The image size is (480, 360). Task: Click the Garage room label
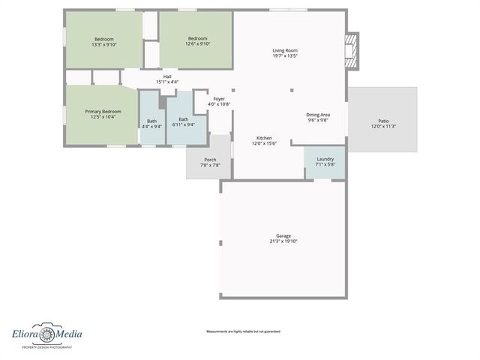click(283, 235)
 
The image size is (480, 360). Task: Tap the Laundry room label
click(325, 159)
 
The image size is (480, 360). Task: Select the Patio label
click(383, 121)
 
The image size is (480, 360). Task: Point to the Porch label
click(210, 160)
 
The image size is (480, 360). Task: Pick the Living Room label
click(284, 50)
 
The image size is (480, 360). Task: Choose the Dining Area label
click(318, 115)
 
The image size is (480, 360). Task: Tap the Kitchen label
click(263, 138)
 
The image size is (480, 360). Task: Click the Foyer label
click(219, 99)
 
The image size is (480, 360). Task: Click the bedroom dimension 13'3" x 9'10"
click(103, 44)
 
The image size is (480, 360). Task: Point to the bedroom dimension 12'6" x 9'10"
click(197, 44)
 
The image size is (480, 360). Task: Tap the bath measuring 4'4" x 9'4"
click(151, 126)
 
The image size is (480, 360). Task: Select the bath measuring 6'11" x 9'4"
click(183, 124)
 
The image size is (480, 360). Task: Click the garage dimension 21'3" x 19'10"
click(283, 241)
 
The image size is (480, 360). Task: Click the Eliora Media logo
click(46, 335)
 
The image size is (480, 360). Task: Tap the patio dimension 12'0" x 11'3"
click(383, 126)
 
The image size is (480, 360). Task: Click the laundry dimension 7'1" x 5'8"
click(325, 164)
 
